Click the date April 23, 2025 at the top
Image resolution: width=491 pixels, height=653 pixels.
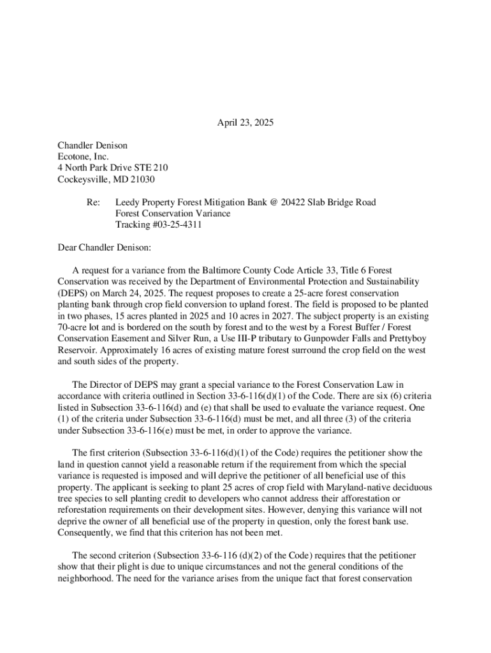tap(245, 123)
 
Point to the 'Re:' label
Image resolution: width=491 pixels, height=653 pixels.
tap(93, 202)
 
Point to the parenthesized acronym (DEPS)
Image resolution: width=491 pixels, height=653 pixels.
tap(74, 293)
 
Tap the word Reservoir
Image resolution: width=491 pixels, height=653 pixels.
tap(78, 350)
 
